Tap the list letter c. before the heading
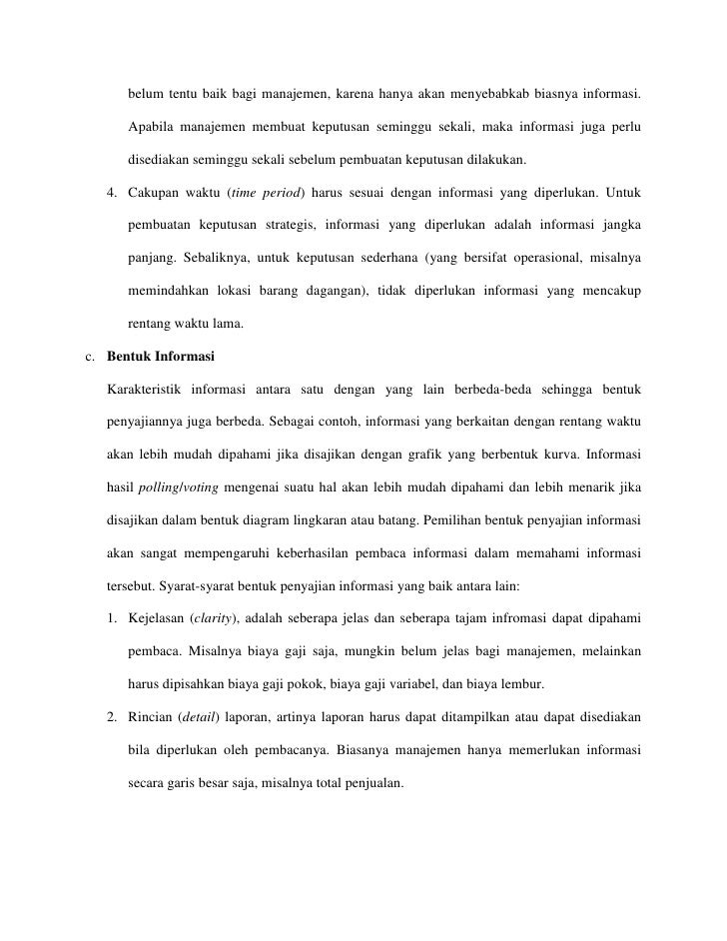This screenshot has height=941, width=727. tap(89, 356)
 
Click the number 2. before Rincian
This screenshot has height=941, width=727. tap(113, 718)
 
